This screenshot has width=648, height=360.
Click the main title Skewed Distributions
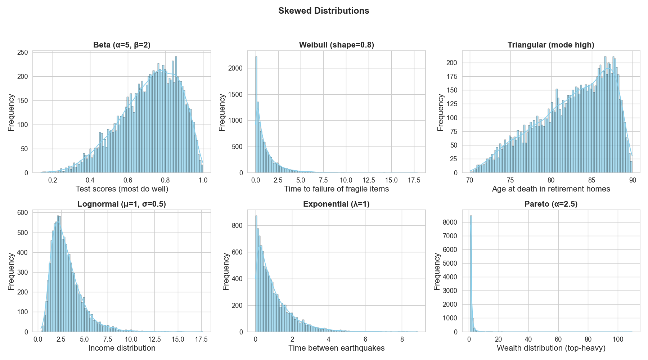pyautogui.click(x=324, y=11)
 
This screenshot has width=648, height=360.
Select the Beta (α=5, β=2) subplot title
pyautogui.click(x=122, y=45)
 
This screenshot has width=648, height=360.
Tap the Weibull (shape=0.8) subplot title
pyautogui.click(x=337, y=45)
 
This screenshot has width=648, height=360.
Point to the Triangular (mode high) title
pyautogui.click(x=551, y=45)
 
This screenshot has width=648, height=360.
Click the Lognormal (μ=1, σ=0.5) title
pyautogui.click(x=122, y=204)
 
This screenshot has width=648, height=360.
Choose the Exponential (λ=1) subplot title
pyautogui.click(x=336, y=204)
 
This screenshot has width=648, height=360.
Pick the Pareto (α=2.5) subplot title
pyautogui.click(x=551, y=204)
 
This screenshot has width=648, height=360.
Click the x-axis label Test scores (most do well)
pyautogui.click(x=122, y=189)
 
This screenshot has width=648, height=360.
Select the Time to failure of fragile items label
pyautogui.click(x=337, y=189)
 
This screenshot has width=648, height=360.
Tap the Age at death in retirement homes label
pyautogui.click(x=551, y=189)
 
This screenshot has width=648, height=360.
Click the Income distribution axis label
pyautogui.click(x=122, y=348)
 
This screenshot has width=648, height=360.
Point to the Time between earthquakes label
pyautogui.click(x=337, y=348)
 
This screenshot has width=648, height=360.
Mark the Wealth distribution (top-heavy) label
pyautogui.click(x=551, y=348)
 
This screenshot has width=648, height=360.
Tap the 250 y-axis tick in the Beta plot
pyautogui.click(x=23, y=53)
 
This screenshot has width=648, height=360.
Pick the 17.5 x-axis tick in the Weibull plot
pyautogui.click(x=414, y=180)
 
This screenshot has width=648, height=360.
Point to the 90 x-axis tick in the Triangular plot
pyautogui.click(x=632, y=180)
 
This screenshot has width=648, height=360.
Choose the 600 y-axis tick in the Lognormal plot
pyautogui.click(x=23, y=213)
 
